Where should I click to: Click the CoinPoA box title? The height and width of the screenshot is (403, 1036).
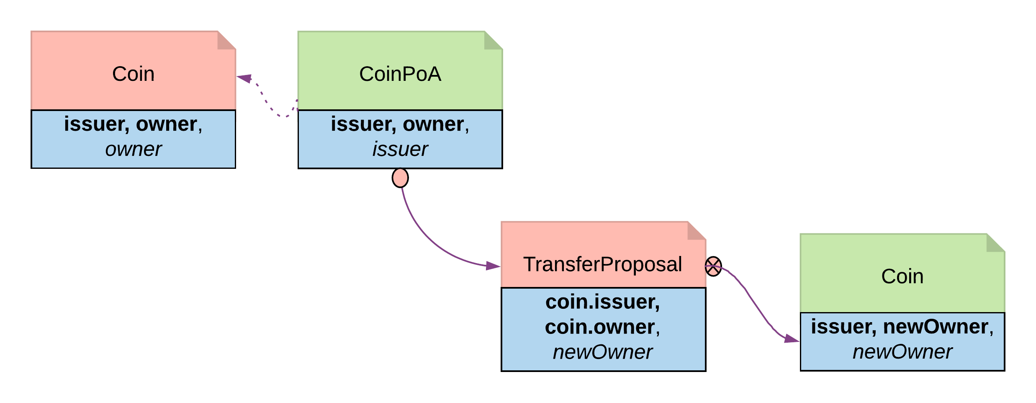click(400, 74)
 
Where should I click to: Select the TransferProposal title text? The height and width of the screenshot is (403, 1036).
click(602, 264)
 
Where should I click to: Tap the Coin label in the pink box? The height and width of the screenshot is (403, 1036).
click(133, 74)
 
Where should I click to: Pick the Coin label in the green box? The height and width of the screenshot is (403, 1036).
click(902, 276)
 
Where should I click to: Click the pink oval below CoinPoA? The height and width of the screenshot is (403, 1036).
click(400, 178)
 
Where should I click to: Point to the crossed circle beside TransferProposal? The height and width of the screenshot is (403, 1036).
click(713, 266)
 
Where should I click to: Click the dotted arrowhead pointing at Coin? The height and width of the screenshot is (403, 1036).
click(244, 78)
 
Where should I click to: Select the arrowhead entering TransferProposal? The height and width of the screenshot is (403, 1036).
click(493, 266)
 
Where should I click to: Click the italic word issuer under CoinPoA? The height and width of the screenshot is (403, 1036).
click(400, 149)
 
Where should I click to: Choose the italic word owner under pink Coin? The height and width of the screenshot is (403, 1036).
click(133, 149)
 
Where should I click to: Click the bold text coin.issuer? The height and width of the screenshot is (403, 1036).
click(602, 302)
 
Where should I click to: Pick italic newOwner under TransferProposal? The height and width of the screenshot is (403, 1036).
click(602, 352)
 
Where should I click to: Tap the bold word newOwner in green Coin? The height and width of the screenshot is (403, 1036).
click(935, 327)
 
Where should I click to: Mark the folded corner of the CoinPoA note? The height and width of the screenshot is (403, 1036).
click(493, 41)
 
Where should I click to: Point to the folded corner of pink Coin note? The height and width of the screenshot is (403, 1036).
click(226, 41)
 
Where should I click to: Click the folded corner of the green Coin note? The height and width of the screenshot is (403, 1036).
click(995, 243)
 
